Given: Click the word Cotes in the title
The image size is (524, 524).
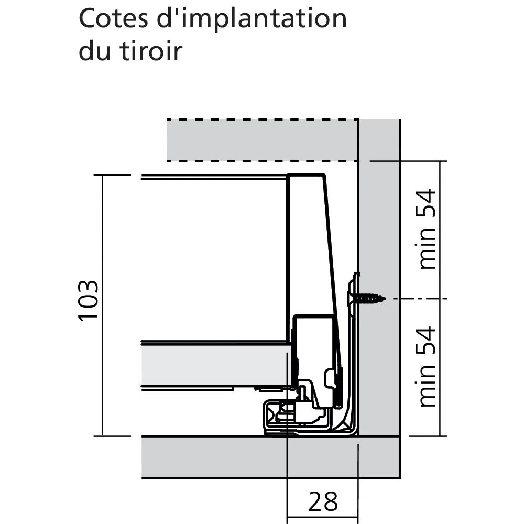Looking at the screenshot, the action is point(113,18).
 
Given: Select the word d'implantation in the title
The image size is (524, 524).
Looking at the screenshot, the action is point(252,20).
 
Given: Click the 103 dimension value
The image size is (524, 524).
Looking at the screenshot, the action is point(89,301).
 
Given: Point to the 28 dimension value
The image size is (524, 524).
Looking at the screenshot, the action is point(323,501).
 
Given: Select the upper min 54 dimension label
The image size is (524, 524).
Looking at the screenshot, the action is point(426,229).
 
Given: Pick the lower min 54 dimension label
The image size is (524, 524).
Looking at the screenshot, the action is point(426,367).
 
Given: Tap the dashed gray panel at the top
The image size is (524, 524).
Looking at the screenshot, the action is point(263,140).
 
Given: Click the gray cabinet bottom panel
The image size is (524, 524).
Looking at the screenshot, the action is point(271,457).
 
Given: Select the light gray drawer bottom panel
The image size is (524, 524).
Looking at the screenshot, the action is point(215,365).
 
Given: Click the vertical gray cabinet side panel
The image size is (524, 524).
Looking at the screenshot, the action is point(379,277).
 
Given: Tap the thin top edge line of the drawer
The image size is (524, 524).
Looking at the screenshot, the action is point(214,177).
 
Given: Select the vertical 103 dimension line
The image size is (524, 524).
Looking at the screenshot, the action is point(102,305).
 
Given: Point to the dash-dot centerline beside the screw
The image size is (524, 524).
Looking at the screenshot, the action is point(420,299).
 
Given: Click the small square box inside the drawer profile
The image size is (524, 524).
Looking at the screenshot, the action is point(314,334).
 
